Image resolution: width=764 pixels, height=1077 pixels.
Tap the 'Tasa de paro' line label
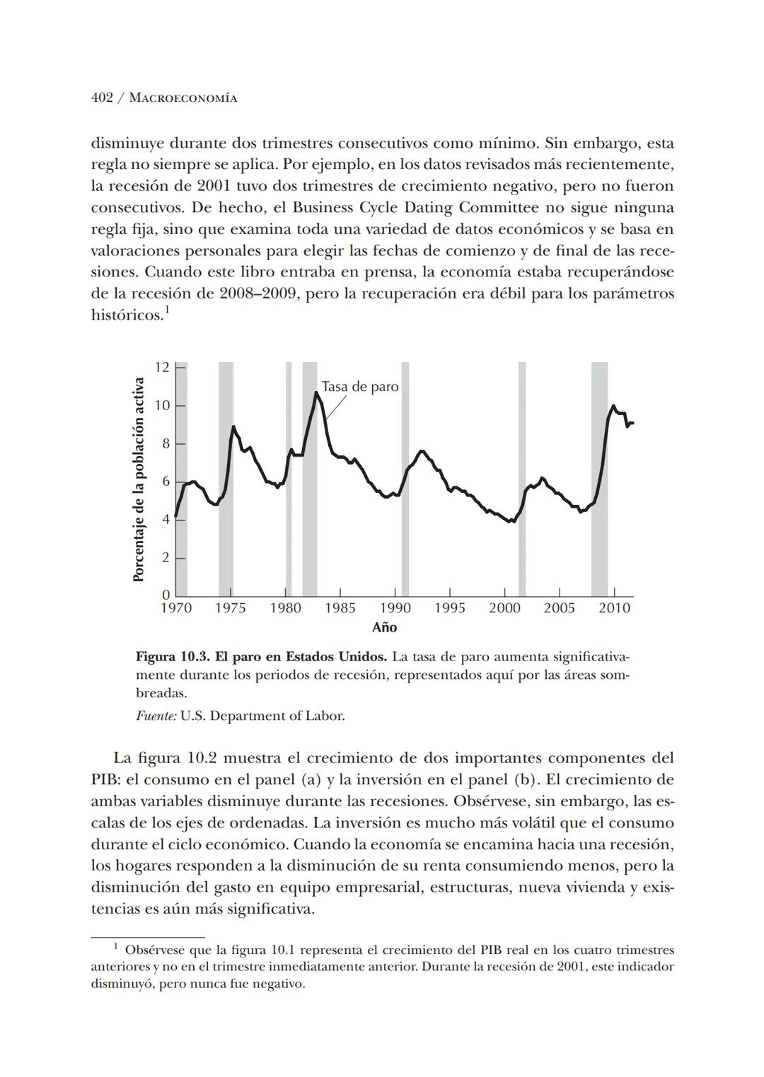360,387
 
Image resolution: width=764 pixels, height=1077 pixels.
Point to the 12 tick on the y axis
162,367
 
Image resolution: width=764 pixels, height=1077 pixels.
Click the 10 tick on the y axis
162,405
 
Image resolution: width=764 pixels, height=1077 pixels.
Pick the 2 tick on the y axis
166,558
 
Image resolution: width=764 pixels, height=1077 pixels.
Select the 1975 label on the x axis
230,608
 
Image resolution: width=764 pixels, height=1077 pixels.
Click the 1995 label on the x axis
449,608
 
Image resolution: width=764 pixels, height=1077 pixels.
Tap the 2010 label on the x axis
614,608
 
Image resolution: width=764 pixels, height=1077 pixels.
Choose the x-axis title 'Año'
384,627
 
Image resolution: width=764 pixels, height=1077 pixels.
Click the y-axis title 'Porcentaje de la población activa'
139,479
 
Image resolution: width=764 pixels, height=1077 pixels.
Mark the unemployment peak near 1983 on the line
316,392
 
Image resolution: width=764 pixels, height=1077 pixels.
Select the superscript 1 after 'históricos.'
167,310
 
